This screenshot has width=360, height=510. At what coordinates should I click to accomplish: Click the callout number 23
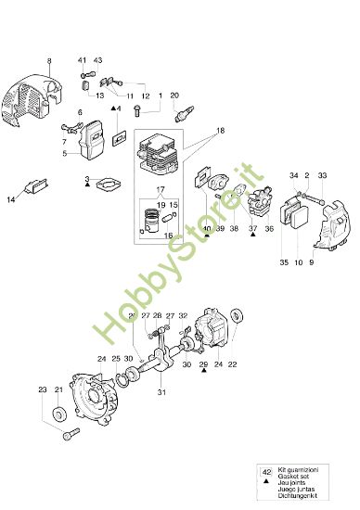tap(43, 390)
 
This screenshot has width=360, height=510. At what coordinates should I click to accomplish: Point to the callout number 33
tap(323, 175)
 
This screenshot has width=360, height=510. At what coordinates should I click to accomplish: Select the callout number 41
tap(82, 59)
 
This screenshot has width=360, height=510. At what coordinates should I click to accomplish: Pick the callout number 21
tap(58, 390)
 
